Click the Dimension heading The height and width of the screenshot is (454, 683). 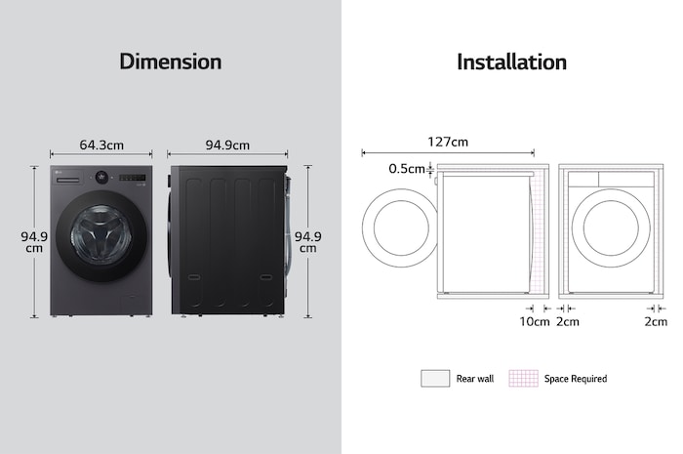click(170, 62)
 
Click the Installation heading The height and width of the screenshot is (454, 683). click(511, 62)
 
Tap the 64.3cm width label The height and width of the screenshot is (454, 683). click(101, 145)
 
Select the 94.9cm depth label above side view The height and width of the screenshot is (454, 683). click(227, 145)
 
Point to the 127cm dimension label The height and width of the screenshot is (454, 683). click(448, 143)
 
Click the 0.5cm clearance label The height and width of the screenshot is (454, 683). click(407, 169)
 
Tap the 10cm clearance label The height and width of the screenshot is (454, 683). click(534, 321)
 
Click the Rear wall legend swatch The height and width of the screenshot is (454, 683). click(434, 378)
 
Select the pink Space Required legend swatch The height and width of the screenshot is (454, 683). click(523, 378)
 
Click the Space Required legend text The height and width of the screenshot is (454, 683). click(576, 379)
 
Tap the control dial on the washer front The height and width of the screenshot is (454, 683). click(101, 177)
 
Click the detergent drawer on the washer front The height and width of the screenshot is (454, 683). click(70, 177)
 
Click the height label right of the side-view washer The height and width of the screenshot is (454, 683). click(308, 241)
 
